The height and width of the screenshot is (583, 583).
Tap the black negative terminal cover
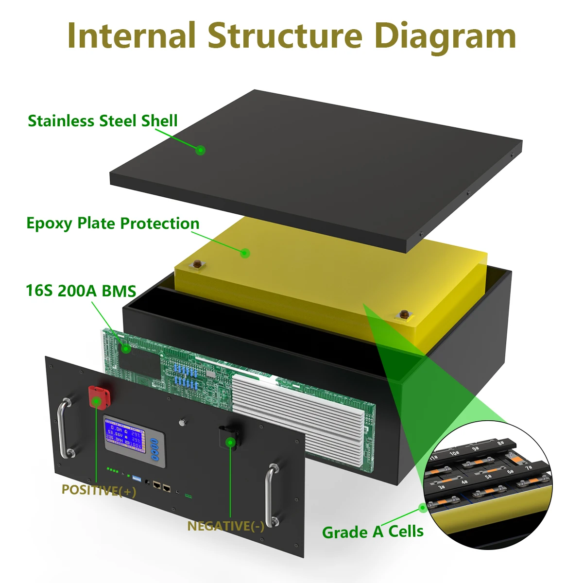coord(228,437)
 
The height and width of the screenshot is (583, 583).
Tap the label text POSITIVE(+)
coord(99,490)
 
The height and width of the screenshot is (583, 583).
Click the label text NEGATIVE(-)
coord(226,526)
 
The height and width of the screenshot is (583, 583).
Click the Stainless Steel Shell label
coord(103,120)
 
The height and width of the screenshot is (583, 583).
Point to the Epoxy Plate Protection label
coord(113,223)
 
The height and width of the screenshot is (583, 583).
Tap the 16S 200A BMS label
coord(81,291)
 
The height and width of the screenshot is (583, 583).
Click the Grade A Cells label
coord(373,532)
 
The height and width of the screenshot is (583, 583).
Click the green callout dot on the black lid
coord(200,150)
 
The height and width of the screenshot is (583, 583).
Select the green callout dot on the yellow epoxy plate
coord(245,253)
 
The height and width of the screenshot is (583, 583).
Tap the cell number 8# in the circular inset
coord(500,443)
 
